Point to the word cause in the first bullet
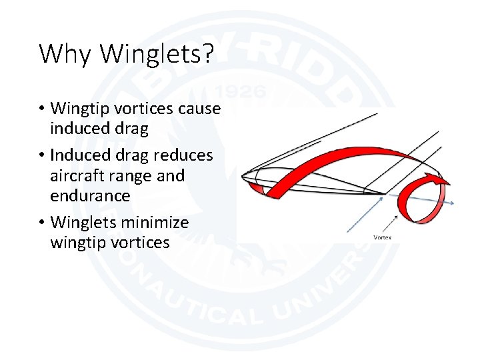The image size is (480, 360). point(199,108)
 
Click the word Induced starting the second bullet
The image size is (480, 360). point(78,155)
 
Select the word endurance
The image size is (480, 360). point(90,195)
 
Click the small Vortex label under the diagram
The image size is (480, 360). point(383,237)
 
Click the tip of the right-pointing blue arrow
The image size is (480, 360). point(454,203)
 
